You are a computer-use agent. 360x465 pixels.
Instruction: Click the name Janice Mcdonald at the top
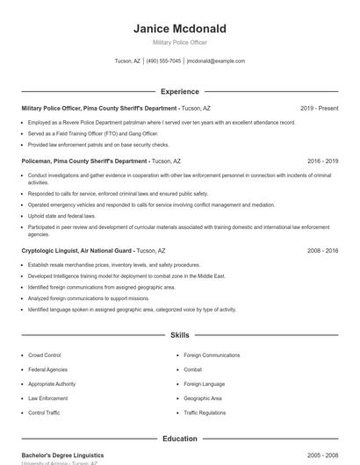click(x=179, y=28)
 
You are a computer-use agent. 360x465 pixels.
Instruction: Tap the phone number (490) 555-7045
click(x=164, y=61)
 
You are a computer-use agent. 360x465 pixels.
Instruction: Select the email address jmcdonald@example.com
click(x=216, y=61)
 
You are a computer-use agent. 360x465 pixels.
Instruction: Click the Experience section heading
click(x=179, y=91)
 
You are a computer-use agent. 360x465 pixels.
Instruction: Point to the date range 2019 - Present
click(x=319, y=108)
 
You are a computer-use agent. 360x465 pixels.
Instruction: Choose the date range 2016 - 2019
click(x=322, y=161)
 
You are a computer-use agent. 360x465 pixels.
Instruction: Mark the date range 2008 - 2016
click(x=322, y=250)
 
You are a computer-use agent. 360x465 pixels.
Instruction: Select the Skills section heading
click(x=179, y=335)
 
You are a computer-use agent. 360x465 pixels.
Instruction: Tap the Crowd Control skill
click(x=44, y=355)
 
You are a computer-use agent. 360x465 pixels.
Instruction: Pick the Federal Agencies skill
click(x=47, y=369)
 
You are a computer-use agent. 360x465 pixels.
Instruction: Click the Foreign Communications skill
click(x=212, y=355)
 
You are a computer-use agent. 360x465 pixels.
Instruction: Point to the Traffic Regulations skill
click(x=205, y=412)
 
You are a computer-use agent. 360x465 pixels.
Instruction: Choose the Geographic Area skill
click(x=203, y=398)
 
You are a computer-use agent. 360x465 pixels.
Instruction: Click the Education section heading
click(x=179, y=439)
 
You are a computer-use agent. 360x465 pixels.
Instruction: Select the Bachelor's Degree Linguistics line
click(x=62, y=455)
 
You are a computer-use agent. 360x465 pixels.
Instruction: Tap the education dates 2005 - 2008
click(x=322, y=455)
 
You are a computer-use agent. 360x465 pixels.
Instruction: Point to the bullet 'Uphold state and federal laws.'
click(x=61, y=215)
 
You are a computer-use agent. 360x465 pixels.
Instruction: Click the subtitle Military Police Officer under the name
click(x=179, y=42)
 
